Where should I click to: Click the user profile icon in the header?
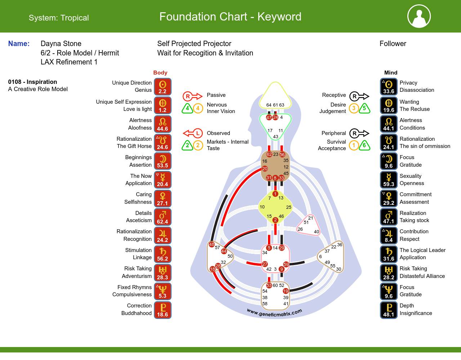[x=419, y=16]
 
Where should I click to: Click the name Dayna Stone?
[x=61, y=44]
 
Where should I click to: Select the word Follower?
[x=393, y=44]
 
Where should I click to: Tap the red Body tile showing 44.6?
[x=162, y=124]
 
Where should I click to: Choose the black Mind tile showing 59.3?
[x=389, y=180]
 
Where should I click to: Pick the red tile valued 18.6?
[x=162, y=310]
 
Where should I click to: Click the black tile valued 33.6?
[x=389, y=87]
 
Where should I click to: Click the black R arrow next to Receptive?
[x=359, y=96]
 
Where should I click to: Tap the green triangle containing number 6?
[x=364, y=145]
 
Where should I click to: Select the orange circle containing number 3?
[x=354, y=108]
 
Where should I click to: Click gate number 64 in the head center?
[x=269, y=105]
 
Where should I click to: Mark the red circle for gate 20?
[x=265, y=168]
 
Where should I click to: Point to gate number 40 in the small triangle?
[x=316, y=232]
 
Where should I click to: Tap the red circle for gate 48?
[x=212, y=244]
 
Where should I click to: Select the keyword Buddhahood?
[x=136, y=313]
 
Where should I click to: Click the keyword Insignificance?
[x=416, y=313]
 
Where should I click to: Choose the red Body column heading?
[x=160, y=73]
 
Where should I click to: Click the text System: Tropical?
[x=59, y=18]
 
